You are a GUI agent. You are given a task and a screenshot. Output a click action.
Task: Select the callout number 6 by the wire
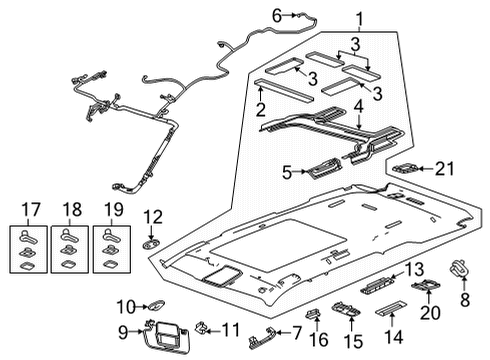277,13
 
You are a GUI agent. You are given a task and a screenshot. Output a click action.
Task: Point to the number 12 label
153,216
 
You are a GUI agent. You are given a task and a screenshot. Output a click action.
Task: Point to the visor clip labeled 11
203,326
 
